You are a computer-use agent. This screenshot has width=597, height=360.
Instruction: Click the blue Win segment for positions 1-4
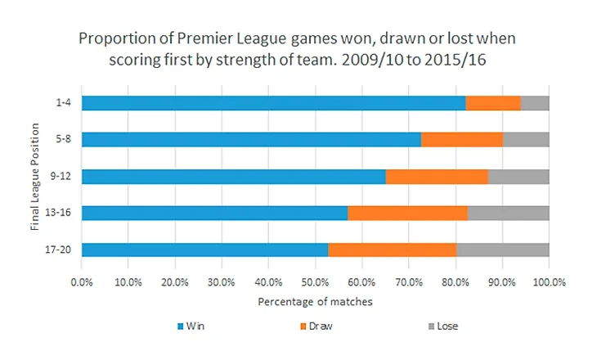(x=273, y=103)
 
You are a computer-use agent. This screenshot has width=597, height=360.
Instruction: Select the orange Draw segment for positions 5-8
(x=462, y=140)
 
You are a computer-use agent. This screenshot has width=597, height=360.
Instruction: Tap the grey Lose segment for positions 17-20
(x=502, y=250)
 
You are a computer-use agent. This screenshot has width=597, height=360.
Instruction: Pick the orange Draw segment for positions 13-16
(x=407, y=214)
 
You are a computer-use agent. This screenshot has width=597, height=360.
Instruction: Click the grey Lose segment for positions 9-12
(x=518, y=177)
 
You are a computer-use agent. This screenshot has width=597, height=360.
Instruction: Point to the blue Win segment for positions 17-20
(x=204, y=250)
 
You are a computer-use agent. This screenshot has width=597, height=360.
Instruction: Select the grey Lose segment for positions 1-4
(x=535, y=103)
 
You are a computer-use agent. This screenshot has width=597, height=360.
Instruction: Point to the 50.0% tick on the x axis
(x=315, y=282)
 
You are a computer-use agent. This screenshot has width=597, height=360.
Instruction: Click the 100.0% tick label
(x=549, y=282)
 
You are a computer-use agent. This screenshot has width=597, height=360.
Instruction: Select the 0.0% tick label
(x=82, y=282)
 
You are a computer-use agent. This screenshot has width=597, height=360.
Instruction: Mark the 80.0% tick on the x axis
(x=456, y=282)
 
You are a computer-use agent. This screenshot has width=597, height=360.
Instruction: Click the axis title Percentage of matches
(x=315, y=302)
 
